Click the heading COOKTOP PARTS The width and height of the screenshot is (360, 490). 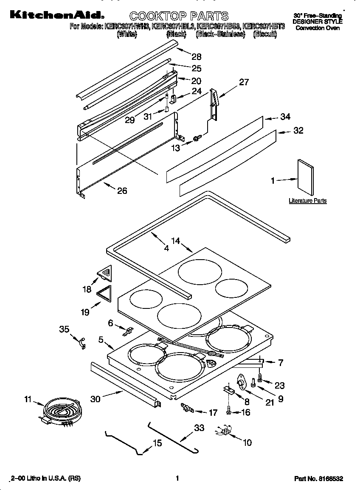pyautogui.click(x=179, y=16)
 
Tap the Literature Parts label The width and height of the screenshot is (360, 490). pyautogui.click(x=307, y=201)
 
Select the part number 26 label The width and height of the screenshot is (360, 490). pyautogui.click(x=122, y=191)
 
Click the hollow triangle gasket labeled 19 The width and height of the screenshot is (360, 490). pyautogui.click(x=104, y=294)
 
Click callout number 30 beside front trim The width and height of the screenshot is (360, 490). pyautogui.click(x=96, y=398)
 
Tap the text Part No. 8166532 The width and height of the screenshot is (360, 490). pyautogui.click(x=318, y=479)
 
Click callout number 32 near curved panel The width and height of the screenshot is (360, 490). pyautogui.click(x=298, y=130)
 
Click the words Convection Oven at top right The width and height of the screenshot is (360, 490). pyautogui.click(x=318, y=28)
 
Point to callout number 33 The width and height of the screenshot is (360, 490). pyautogui.click(x=199, y=428)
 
